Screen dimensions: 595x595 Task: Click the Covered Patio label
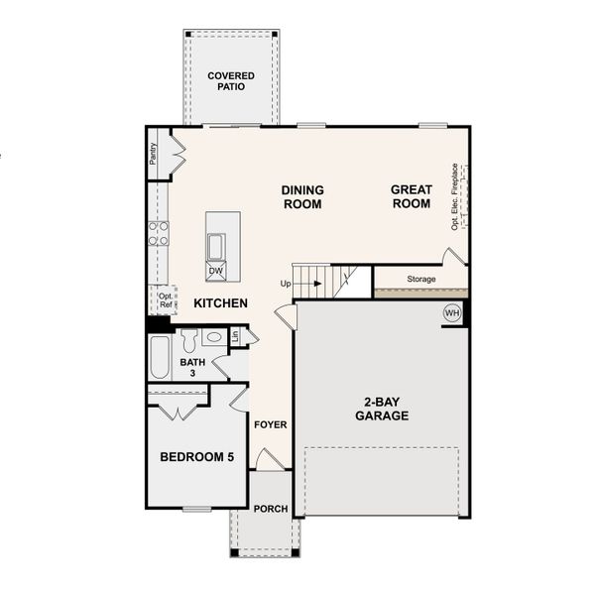click(x=230, y=80)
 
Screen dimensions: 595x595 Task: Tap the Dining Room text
click(x=302, y=196)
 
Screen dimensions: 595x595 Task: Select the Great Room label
click(x=411, y=196)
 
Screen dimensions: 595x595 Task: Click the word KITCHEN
click(x=220, y=303)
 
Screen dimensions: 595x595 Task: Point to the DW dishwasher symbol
click(x=215, y=270)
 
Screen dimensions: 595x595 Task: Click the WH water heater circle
click(x=452, y=313)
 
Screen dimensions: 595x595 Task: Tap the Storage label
click(x=421, y=280)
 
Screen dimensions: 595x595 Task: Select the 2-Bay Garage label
click(x=382, y=410)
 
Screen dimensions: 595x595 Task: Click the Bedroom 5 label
click(x=197, y=457)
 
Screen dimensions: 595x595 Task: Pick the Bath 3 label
click(x=192, y=368)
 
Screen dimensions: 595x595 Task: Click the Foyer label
click(x=270, y=424)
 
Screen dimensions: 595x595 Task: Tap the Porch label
click(x=270, y=509)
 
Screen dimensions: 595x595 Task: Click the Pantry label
click(x=154, y=154)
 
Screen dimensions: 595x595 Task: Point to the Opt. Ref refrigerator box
click(x=165, y=299)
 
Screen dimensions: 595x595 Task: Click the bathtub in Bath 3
click(x=159, y=359)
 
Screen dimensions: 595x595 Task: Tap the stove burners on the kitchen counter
click(x=158, y=233)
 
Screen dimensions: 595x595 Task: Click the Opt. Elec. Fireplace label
click(x=454, y=196)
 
